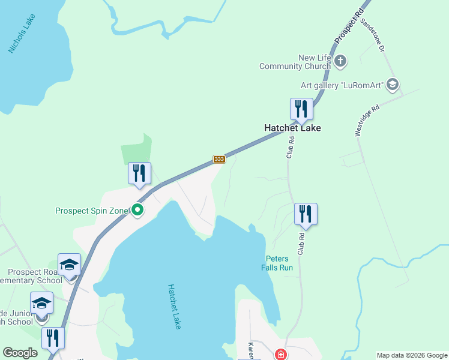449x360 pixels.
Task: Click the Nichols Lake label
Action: point(22,34)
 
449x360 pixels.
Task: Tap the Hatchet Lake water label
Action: point(175,306)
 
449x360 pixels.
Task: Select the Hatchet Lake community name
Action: point(293,128)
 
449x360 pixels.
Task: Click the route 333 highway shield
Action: point(219,159)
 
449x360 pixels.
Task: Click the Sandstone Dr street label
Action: point(372,34)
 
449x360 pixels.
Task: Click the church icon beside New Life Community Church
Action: point(340,61)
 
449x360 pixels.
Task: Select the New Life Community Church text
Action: point(295,62)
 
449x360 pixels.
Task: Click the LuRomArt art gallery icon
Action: point(393,85)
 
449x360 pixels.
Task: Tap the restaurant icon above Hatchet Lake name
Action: point(301,109)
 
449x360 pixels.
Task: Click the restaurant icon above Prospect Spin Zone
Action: point(139,173)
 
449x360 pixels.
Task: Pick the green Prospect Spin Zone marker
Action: point(137,210)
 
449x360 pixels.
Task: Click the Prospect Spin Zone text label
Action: point(92,211)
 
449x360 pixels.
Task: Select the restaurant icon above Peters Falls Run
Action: point(306,214)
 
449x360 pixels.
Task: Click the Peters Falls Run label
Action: point(277,263)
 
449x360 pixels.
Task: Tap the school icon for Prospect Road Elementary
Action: point(69,264)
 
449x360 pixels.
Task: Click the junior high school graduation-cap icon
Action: point(42,303)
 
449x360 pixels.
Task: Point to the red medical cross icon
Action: point(280,355)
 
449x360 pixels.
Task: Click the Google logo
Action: point(20,353)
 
